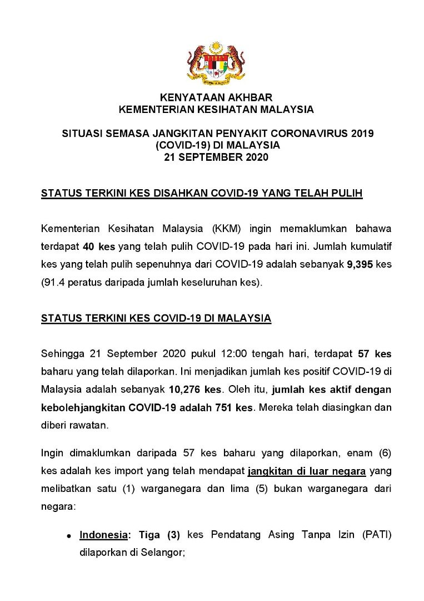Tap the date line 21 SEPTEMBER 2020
216,157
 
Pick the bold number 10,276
188,390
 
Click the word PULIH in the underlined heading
348,193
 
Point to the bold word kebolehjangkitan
83,407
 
